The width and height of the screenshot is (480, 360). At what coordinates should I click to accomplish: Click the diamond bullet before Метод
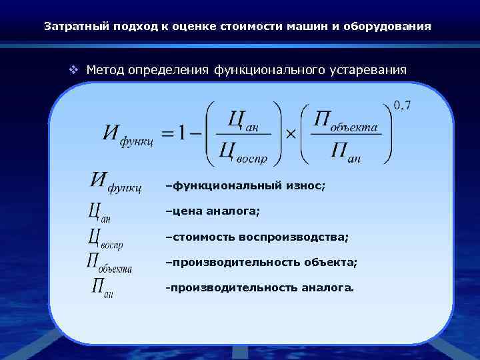coord(75,69)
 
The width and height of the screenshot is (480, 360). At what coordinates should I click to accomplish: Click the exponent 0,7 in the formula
coord(402,105)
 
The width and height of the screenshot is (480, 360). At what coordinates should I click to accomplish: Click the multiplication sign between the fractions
coord(290,134)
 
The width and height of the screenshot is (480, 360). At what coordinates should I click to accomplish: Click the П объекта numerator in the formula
coord(345,121)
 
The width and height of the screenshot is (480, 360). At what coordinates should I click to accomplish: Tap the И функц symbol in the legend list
coord(115,183)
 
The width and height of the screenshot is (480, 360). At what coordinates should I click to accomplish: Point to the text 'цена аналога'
coord(215,211)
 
